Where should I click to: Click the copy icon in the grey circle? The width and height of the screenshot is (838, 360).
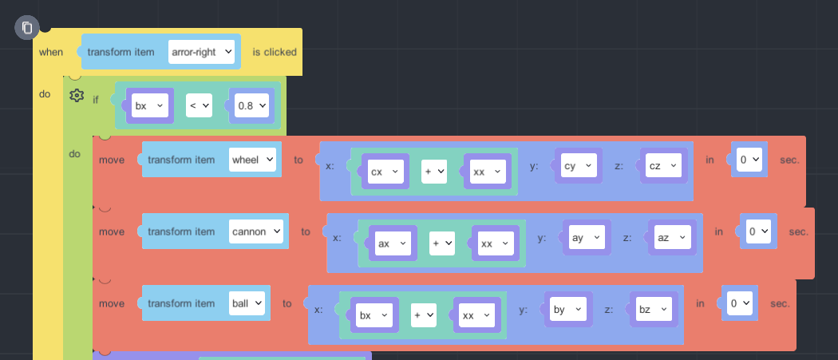tap(26, 28)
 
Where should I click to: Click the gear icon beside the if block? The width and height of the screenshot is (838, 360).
tap(77, 96)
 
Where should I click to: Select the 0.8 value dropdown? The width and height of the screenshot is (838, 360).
tap(251, 105)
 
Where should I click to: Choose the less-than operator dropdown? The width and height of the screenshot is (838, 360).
tap(199, 105)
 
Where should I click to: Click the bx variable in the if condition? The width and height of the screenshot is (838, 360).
tap(149, 105)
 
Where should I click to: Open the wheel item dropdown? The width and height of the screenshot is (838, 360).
tap(252, 160)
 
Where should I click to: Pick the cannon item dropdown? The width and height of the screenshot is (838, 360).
tap(255, 231)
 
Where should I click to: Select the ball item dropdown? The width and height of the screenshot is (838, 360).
tap(247, 303)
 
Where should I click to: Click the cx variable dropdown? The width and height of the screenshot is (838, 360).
tap(385, 172)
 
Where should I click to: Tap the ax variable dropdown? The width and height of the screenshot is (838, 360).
tap(392, 243)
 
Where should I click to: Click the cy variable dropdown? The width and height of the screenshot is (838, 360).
tap(579, 165)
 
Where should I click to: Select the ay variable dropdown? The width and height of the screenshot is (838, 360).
tap(587, 237)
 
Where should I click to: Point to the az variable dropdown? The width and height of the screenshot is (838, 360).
tap(671, 237)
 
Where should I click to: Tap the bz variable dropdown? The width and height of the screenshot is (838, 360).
tap(653, 309)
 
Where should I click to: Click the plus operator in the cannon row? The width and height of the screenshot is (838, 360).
tap(441, 243)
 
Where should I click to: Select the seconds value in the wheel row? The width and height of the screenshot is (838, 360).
tap(750, 160)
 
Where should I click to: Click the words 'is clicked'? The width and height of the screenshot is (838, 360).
tap(275, 52)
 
